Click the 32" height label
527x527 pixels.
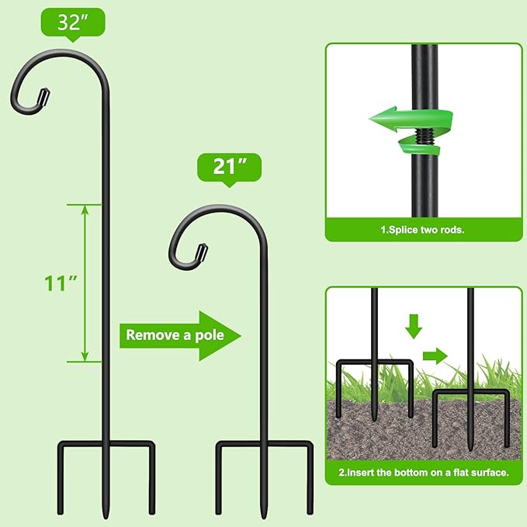pyautogui.click(x=71, y=21)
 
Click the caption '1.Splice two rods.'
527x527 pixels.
pyautogui.click(x=422, y=231)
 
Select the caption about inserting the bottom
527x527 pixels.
pyautogui.click(x=423, y=472)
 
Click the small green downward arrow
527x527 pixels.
pyautogui.click(x=414, y=325)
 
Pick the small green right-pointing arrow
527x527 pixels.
pyautogui.click(x=435, y=356)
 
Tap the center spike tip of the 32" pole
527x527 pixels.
pyautogui.click(x=106, y=516)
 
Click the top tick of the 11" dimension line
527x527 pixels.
pyautogui.click(x=84, y=204)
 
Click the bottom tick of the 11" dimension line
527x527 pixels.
pyautogui.click(x=84, y=361)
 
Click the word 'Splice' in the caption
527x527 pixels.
pyautogui.click(x=404, y=231)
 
